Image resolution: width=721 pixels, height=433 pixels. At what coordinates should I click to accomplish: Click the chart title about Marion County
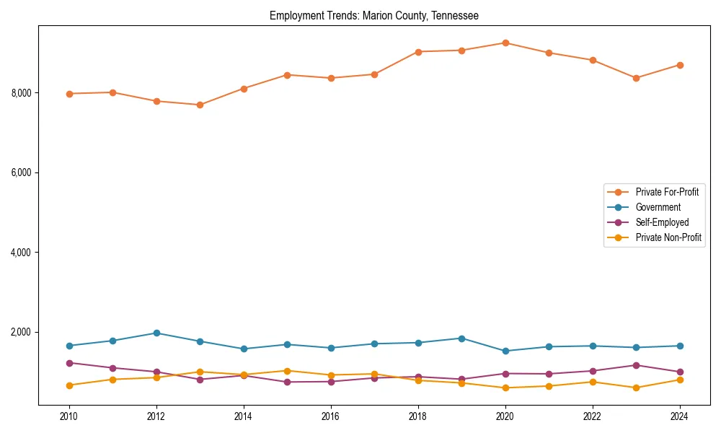pyautogui.click(x=373, y=15)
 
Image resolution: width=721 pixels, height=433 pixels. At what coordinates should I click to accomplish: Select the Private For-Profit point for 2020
pyautogui.click(x=505, y=43)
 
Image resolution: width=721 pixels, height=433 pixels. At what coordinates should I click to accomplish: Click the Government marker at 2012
pyautogui.click(x=156, y=333)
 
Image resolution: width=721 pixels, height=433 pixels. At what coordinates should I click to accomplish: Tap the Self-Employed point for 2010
pyautogui.click(x=69, y=363)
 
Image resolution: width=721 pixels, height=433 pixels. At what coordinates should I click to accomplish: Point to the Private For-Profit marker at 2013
pyautogui.click(x=200, y=105)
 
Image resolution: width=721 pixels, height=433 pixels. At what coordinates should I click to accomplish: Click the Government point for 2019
pyautogui.click(x=461, y=338)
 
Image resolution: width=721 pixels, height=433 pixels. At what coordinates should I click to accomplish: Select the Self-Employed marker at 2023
pyautogui.click(x=636, y=365)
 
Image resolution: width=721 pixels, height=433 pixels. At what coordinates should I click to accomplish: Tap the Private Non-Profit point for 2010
pyautogui.click(x=69, y=385)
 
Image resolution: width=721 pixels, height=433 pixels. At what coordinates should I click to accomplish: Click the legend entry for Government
pyautogui.click(x=658, y=208)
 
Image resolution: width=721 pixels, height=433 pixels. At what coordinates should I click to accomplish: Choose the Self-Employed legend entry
pyautogui.click(x=662, y=222)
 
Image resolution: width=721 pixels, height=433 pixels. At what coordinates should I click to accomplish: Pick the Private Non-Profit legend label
pyautogui.click(x=668, y=237)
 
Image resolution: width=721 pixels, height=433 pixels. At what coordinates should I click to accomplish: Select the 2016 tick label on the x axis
pyautogui.click(x=331, y=416)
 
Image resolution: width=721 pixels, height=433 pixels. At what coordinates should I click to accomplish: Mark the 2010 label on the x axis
pyautogui.click(x=69, y=416)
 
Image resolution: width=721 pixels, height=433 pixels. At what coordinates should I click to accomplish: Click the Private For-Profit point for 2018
pyautogui.click(x=418, y=52)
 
